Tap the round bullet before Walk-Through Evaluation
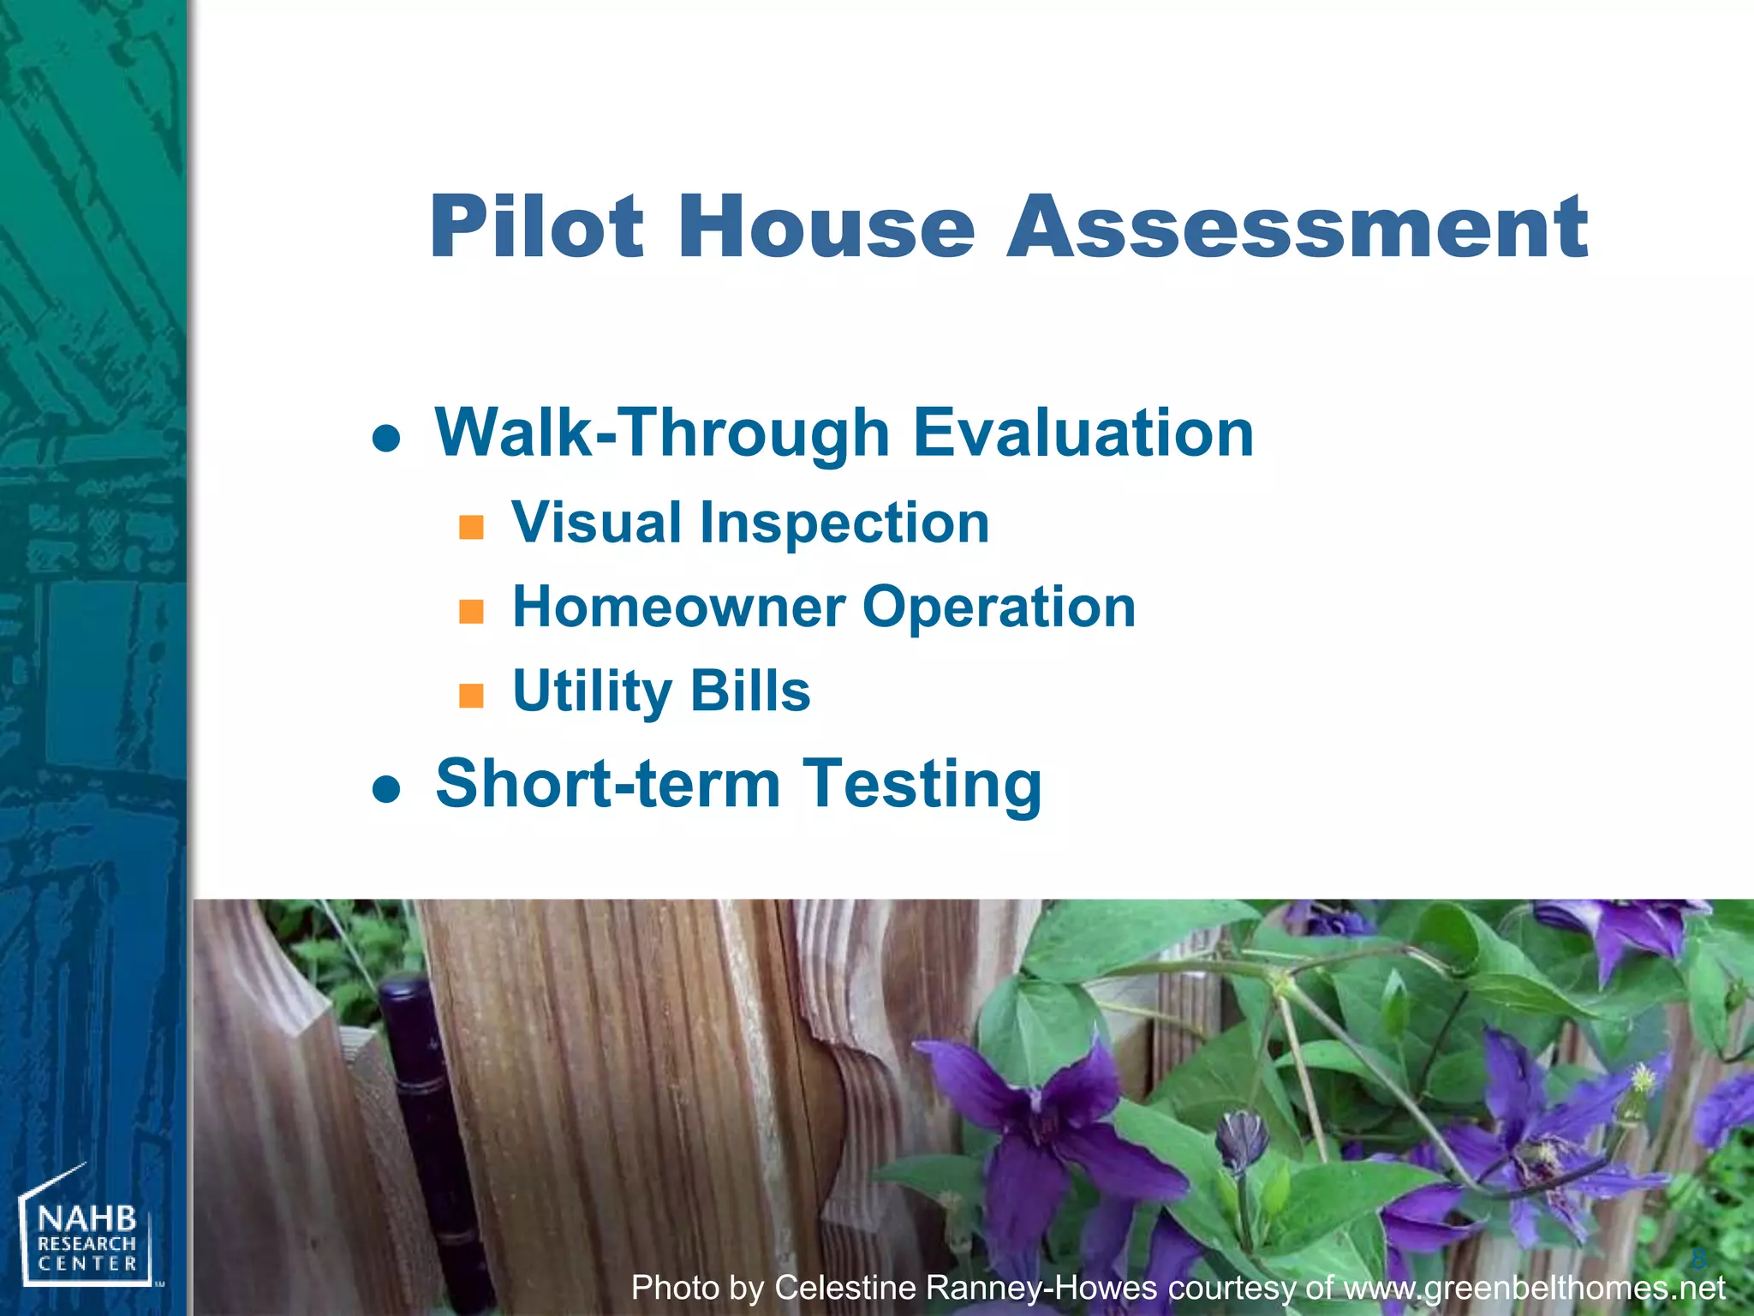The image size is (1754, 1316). click(386, 438)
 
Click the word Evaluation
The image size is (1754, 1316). click(1083, 433)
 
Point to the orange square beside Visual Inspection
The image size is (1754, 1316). click(471, 526)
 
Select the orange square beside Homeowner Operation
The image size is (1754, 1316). click(471, 611)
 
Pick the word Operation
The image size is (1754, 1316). click(999, 607)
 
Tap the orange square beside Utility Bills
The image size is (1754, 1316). click(471, 695)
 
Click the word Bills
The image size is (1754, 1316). click(749, 691)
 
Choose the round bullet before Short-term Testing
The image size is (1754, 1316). click(386, 788)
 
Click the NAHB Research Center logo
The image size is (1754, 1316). click(86, 1230)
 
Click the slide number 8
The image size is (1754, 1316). click(1698, 1258)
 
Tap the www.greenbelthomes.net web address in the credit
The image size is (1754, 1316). click(1534, 1288)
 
